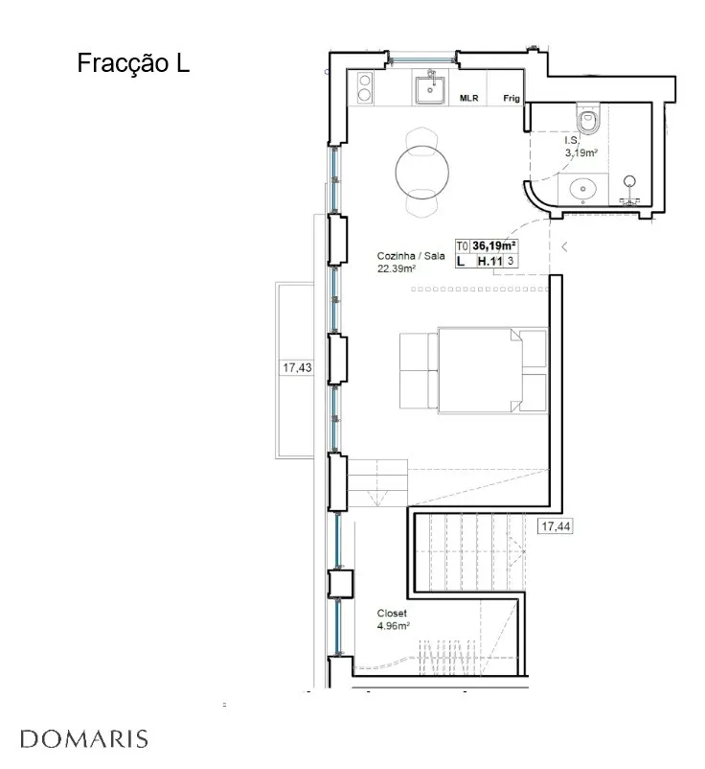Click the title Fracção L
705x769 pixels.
[x=133, y=63]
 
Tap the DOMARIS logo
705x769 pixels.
[x=84, y=739]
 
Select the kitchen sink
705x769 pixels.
[x=430, y=89]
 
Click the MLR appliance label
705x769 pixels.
[x=468, y=98]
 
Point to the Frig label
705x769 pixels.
[x=511, y=98]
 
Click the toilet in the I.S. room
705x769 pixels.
[x=588, y=118]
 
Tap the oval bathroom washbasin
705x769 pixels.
[x=583, y=188]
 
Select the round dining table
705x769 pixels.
[x=421, y=172]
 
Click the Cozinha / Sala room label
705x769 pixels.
[x=411, y=255]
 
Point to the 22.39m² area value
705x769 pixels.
[x=397, y=268]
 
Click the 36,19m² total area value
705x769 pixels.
[x=494, y=245]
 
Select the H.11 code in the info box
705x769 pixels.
[x=489, y=261]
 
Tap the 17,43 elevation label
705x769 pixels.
[x=297, y=367]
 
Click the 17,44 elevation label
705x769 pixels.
[x=556, y=526]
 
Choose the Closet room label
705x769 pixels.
[x=392, y=613]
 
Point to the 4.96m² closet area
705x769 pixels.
[x=394, y=626]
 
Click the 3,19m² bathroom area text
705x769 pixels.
[x=581, y=152]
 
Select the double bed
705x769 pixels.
[x=492, y=370]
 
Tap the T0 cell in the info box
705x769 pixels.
[x=462, y=245]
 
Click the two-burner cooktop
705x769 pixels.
[x=365, y=87]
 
